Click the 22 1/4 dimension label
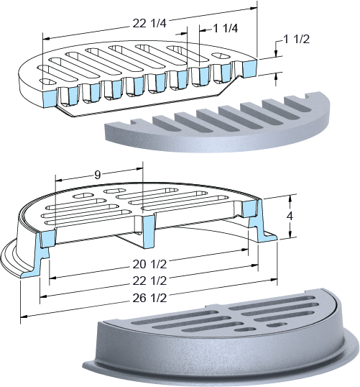coord(149,24)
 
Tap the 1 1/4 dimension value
coord(226,28)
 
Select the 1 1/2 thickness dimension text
coord(297,40)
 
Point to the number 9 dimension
coord(98,175)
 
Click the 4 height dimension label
coord(290,216)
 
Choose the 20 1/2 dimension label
coord(149,264)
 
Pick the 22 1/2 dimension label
coord(149,281)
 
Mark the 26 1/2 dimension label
coord(149,298)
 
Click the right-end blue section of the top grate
coord(249,68)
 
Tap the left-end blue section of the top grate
coord(50,99)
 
